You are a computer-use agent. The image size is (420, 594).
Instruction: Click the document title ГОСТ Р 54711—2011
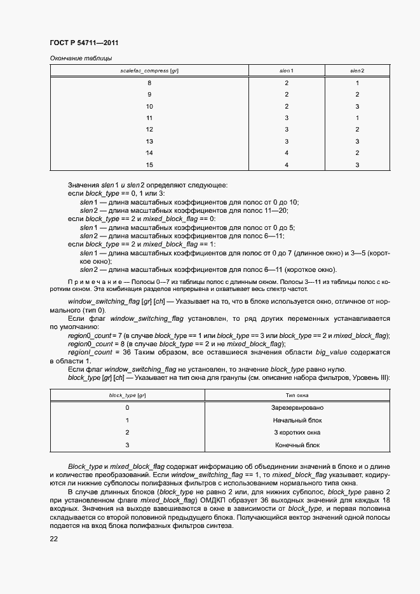point(84,43)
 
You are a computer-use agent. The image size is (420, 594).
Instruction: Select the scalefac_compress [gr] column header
point(149,70)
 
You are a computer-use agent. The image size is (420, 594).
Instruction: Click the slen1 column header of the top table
point(287,70)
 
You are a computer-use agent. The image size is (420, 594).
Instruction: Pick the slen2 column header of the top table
point(358,70)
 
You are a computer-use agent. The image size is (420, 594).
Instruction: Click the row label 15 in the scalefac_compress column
point(149,165)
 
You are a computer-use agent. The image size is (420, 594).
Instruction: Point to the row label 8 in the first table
point(149,83)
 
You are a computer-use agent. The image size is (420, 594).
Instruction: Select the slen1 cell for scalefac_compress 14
point(287,153)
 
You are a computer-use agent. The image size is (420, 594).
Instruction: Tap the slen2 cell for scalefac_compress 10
point(358,106)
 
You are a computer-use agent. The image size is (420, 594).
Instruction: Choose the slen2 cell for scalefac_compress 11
point(358,118)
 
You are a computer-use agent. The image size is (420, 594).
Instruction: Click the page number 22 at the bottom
point(54,539)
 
